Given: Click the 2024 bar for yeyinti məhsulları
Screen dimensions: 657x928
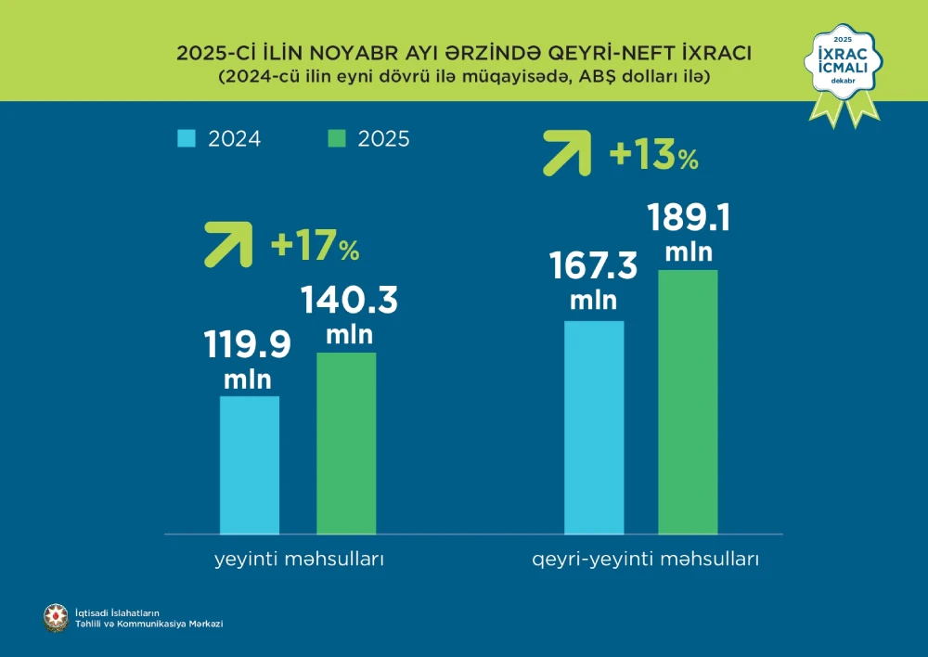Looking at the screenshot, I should pos(250,465).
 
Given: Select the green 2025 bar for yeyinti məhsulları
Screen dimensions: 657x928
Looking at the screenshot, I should pos(346,443).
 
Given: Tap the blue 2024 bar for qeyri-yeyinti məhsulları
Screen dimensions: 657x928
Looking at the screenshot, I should pos(594,427).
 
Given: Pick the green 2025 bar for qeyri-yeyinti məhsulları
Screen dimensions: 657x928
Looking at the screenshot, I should pos(689,402).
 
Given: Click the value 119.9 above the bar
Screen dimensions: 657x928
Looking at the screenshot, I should pos(247,344).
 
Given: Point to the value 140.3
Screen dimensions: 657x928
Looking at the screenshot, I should pos(348,301).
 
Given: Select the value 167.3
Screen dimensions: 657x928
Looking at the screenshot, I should pos(594,267).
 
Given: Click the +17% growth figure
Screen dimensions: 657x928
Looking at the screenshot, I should pos(314,247).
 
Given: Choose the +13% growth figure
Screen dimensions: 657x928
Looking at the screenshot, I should pos(652,155).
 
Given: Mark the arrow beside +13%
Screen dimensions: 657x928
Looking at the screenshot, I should pos(565,153).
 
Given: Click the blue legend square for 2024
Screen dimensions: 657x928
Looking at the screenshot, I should pos(186,138).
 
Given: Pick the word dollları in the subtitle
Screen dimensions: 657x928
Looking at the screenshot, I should pos(650,78).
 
